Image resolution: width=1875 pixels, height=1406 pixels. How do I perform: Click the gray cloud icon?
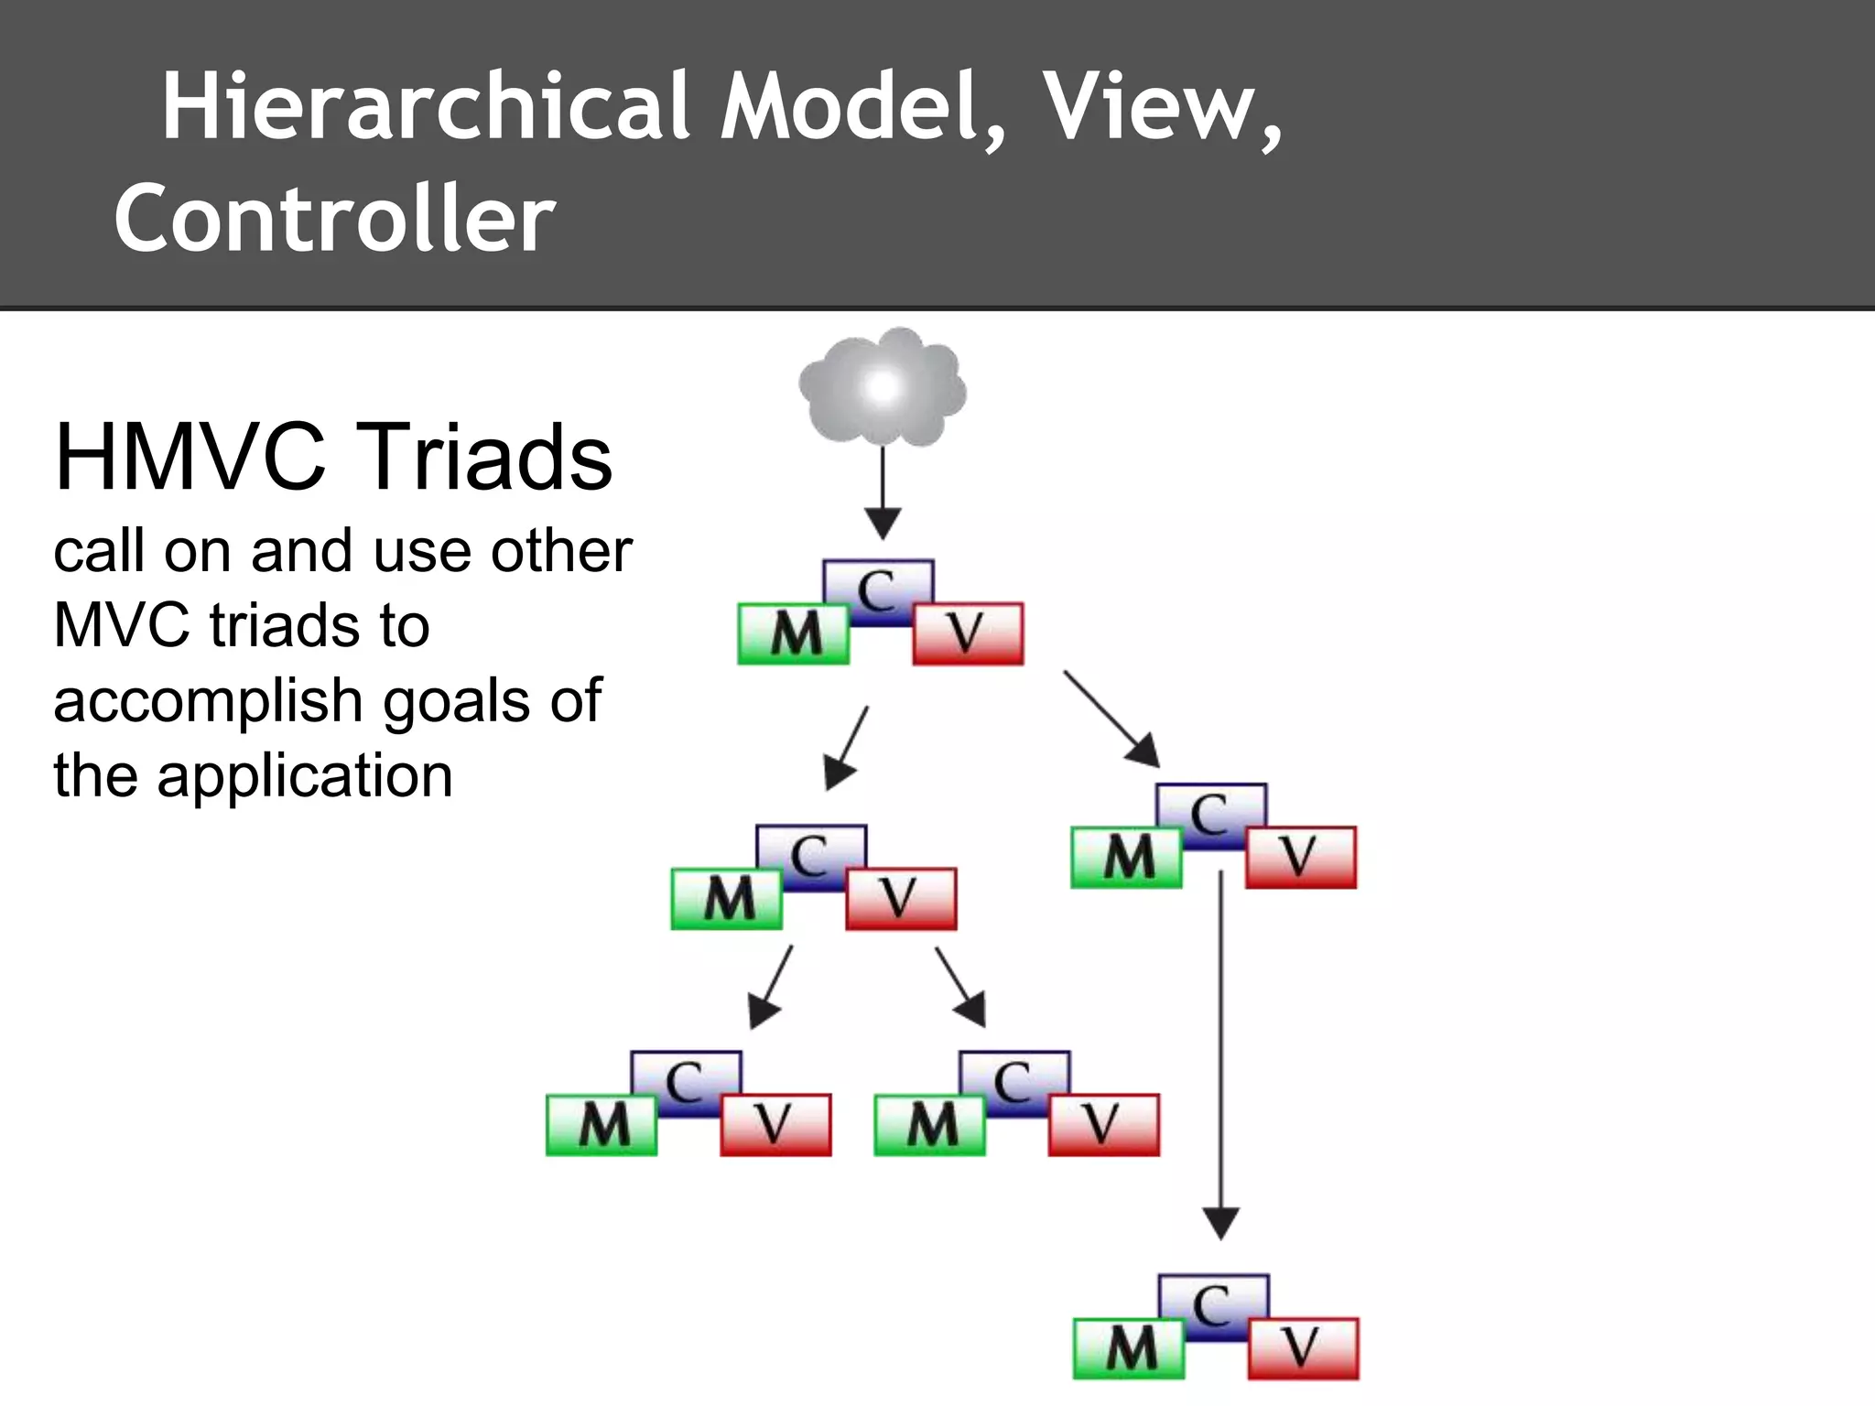(882, 387)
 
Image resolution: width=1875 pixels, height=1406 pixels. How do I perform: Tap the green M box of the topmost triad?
(793, 633)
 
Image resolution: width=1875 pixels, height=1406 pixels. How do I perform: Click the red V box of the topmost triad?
(968, 633)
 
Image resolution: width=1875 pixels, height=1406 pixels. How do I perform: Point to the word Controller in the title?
(335, 218)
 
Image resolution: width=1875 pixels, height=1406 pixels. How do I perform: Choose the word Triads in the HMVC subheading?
(490, 457)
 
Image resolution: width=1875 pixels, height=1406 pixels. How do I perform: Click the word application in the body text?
(305, 776)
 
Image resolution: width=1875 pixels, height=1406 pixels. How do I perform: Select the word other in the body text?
(561, 551)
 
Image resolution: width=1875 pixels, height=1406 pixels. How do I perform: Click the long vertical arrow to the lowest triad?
(1220, 1053)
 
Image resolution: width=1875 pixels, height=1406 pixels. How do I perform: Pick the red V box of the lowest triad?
(1303, 1348)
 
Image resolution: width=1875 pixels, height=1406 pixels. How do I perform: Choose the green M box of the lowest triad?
(1129, 1348)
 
